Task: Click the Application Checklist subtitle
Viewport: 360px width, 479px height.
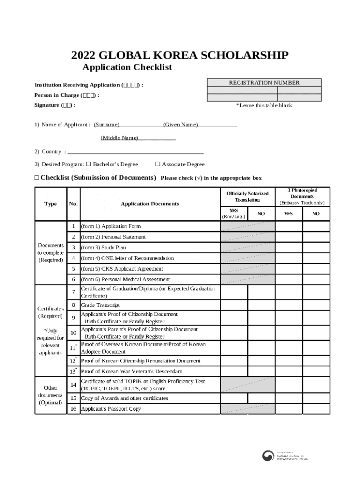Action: point(127,67)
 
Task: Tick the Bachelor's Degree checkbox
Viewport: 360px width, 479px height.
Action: point(88,164)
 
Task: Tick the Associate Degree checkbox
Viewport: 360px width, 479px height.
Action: point(158,164)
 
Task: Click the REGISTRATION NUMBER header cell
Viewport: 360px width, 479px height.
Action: point(264,83)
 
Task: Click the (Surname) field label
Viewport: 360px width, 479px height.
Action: point(107,124)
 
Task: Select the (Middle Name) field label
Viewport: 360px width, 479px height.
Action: point(119,138)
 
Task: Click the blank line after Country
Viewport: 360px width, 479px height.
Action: point(136,152)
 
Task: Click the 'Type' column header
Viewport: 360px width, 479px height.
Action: point(50,204)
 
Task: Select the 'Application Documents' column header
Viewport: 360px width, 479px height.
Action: point(150,204)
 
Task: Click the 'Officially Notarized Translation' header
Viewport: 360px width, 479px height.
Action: point(247,196)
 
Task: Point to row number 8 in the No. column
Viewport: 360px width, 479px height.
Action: point(73,305)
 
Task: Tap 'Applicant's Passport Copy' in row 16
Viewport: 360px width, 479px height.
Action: point(111,409)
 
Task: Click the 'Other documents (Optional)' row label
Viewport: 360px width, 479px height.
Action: point(50,395)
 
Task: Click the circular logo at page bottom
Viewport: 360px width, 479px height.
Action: point(268,457)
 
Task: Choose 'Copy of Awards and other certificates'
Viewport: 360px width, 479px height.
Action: point(124,398)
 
